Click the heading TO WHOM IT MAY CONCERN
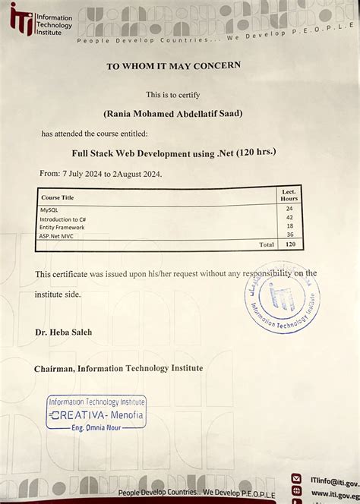tap(173, 66)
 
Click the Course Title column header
tap(57, 197)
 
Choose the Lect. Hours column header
tap(289, 195)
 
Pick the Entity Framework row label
tap(62, 227)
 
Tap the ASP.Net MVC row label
tap(58, 236)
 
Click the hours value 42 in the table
tap(289, 217)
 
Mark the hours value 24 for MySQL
tap(289, 208)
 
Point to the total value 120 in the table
tap(289, 244)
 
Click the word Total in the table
tap(266, 244)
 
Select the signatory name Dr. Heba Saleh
tap(63, 332)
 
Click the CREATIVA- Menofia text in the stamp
tap(96, 416)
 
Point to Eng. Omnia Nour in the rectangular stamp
tap(96, 427)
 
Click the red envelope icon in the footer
tap(296, 479)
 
